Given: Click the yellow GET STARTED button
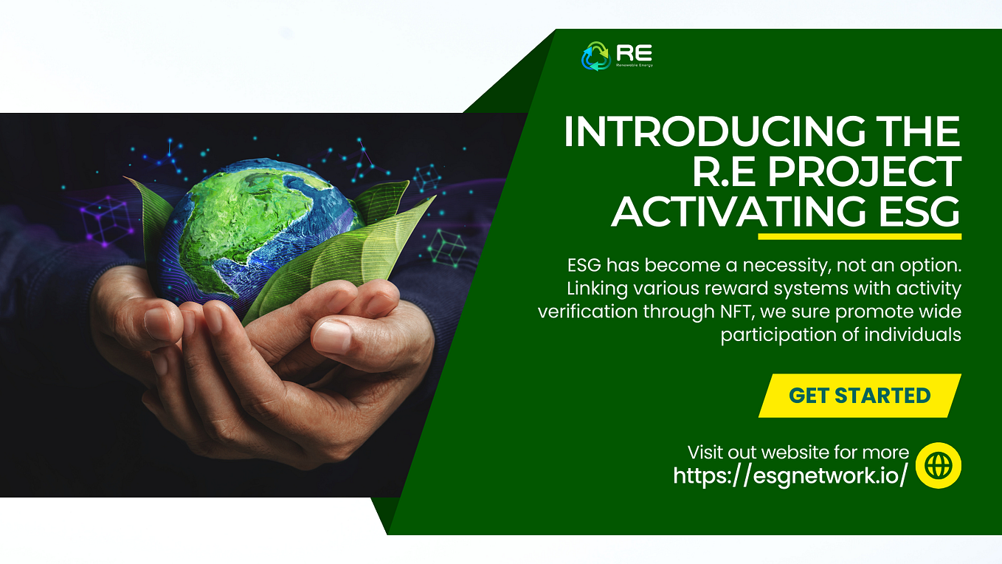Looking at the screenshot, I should (x=860, y=396).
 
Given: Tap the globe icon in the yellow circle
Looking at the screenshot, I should (x=939, y=466).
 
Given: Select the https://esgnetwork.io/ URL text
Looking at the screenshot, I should (x=790, y=475).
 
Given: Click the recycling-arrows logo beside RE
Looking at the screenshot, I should (x=595, y=56).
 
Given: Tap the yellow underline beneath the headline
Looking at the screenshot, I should (x=860, y=236).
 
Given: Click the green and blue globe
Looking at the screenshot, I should (x=258, y=230).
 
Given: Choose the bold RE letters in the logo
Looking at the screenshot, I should (x=634, y=53).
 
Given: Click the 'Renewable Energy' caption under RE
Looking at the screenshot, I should (x=634, y=66).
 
